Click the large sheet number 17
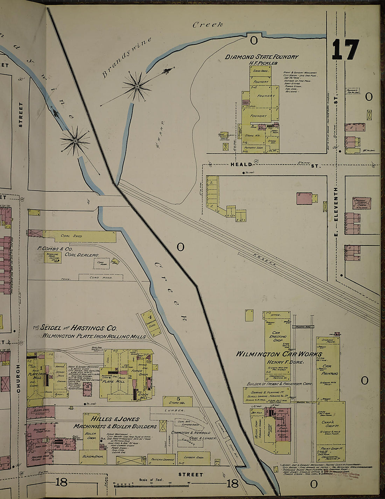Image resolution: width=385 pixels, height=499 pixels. (x=345, y=49)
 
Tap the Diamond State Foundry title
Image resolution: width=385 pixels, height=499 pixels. (x=261, y=57)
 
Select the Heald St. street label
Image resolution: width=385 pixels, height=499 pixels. (x=241, y=164)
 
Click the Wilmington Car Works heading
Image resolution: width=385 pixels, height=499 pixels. (x=268, y=354)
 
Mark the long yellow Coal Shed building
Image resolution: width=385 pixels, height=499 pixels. (x=79, y=236)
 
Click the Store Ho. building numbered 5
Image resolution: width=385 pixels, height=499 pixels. (x=178, y=401)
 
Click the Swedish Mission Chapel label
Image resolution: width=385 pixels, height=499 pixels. (x=362, y=203)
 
